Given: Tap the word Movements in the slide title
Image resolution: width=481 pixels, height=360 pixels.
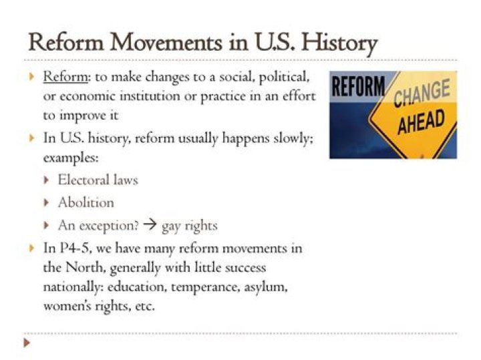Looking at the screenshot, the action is click(166, 42).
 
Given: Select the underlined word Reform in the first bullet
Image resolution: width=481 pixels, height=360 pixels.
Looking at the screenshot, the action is click(65, 76).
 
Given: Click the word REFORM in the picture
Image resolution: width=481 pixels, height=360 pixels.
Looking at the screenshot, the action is click(358, 86).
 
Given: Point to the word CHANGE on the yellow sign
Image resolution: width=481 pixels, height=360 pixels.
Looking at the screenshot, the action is click(422, 93).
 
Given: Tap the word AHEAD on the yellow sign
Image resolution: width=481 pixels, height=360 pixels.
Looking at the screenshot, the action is click(421, 122).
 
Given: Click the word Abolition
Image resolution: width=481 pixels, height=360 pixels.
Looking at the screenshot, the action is click(86, 202).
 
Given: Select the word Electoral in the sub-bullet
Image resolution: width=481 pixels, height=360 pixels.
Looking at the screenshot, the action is click(84, 180).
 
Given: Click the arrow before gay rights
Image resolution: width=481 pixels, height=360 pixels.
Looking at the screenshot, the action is click(150, 225).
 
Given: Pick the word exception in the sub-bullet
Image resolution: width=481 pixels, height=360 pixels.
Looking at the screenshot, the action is click(110, 226).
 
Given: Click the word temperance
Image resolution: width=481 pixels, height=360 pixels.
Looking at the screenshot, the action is click(206, 287).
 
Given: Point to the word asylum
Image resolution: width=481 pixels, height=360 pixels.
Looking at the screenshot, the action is click(266, 287).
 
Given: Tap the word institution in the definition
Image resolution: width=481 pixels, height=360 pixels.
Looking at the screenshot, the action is click(150, 96).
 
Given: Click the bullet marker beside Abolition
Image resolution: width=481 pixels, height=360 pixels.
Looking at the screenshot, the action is click(46, 202).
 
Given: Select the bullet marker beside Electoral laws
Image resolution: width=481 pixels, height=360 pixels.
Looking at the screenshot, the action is click(46, 180).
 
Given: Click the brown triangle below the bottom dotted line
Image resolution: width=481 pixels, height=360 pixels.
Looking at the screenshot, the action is click(27, 342).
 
